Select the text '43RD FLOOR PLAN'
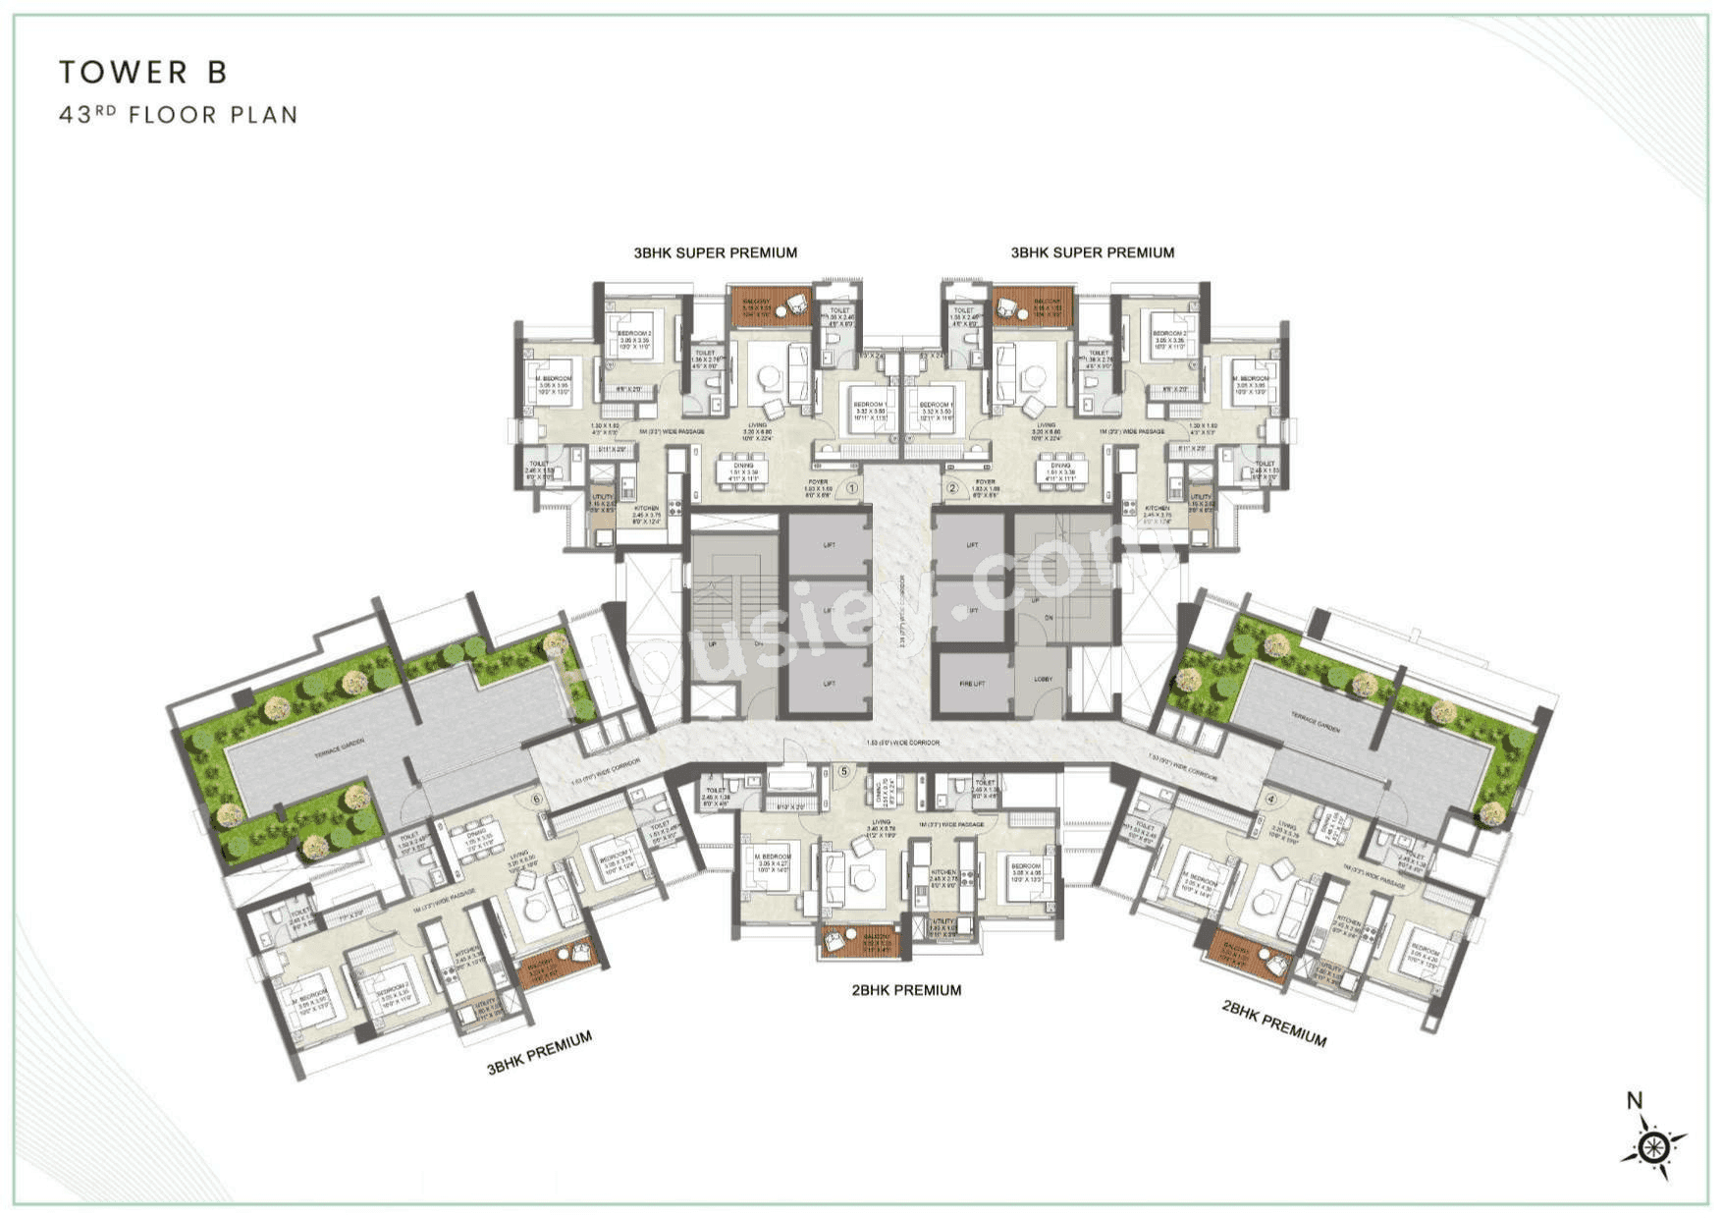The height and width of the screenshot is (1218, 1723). click(x=178, y=115)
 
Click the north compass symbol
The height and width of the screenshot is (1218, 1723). click(x=1653, y=1145)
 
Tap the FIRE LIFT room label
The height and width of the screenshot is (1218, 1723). click(x=972, y=683)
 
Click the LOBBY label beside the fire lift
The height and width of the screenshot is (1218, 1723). click(x=1043, y=679)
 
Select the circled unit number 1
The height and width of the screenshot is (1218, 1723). click(x=852, y=487)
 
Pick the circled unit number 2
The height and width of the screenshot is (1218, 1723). click(x=951, y=487)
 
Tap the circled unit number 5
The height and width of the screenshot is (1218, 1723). click(x=843, y=771)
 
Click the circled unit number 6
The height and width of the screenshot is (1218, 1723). click(x=536, y=799)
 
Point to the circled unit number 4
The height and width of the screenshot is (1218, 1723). click(x=1270, y=799)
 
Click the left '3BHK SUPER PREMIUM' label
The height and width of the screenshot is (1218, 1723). click(x=715, y=252)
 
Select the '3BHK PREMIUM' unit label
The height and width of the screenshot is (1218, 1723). click(x=539, y=1052)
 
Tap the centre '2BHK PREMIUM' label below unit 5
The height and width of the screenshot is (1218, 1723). click(x=905, y=990)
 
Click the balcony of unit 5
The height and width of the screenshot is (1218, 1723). click(x=859, y=940)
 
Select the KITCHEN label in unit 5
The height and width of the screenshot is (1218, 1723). click(x=943, y=872)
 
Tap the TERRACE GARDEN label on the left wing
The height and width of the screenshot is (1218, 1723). click(x=339, y=746)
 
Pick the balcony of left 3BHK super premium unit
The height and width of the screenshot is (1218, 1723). click(x=770, y=306)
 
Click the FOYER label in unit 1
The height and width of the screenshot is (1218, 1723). click(x=818, y=482)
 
